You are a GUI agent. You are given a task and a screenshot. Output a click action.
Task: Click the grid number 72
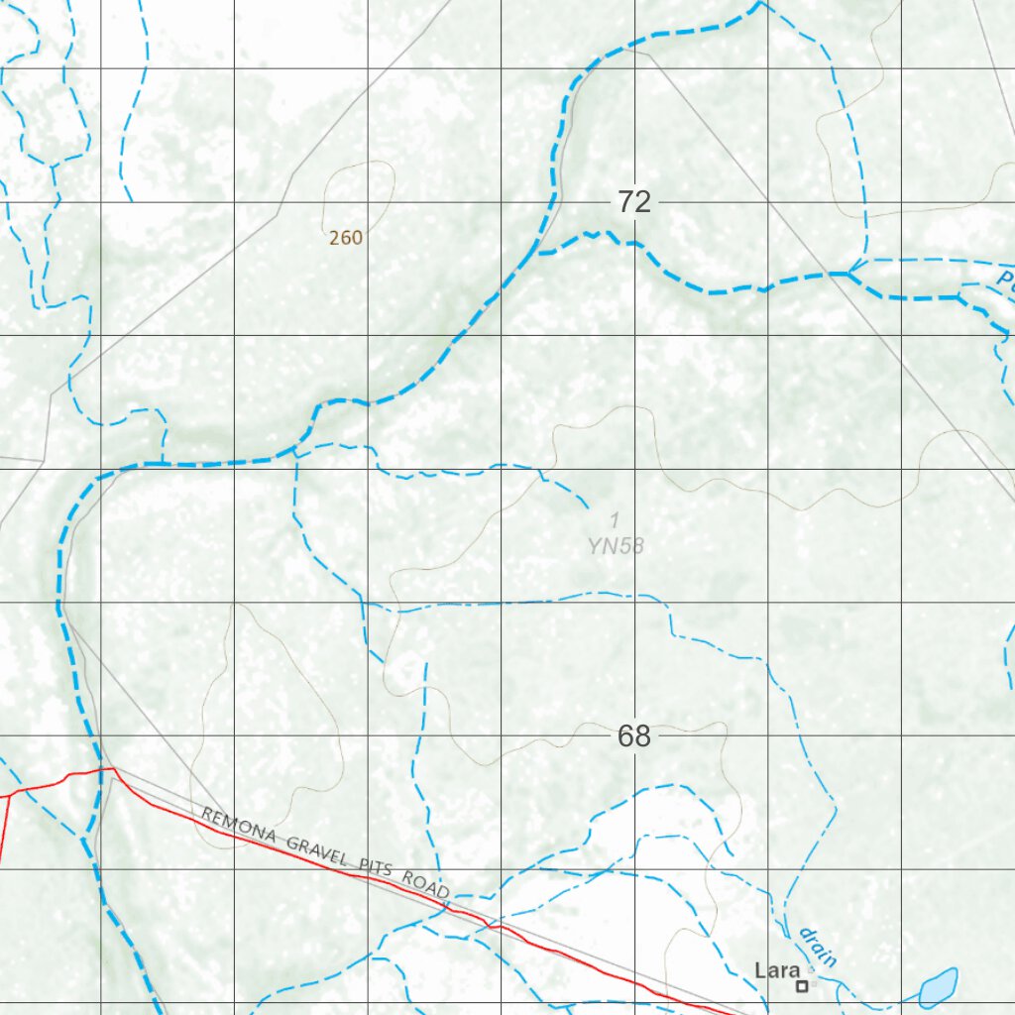point(634,202)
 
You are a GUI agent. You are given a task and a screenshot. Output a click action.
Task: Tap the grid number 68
point(634,736)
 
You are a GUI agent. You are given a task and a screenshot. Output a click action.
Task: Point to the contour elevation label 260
point(346,238)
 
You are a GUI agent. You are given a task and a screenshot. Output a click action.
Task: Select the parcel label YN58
point(616,545)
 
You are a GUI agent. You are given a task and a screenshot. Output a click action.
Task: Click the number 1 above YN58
point(615,519)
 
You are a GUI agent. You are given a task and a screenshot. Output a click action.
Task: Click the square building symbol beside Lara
point(802,985)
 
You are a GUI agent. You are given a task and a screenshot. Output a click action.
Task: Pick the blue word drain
point(819,947)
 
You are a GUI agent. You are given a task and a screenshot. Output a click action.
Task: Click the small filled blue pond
point(938,986)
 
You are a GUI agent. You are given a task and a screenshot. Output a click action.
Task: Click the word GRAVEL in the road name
point(317,851)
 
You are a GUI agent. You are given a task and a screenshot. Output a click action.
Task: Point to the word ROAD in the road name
point(426,884)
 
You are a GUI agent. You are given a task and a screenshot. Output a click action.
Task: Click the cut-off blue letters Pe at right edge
point(1005,281)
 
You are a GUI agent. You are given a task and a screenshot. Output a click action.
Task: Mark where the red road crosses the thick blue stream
point(100,770)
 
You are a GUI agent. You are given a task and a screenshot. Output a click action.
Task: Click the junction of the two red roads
point(10,795)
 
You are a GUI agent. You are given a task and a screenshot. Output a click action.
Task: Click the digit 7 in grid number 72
point(625,202)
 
